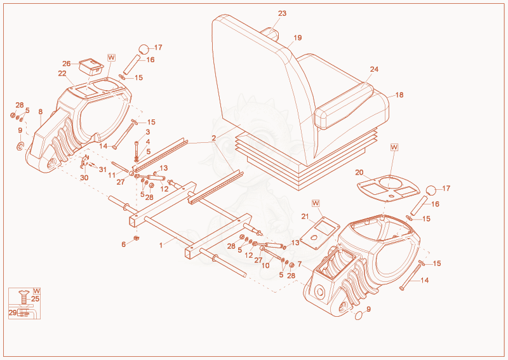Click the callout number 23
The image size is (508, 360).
click(282, 13)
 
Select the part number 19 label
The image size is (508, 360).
click(297, 38)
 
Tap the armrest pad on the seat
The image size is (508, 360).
click(344, 105)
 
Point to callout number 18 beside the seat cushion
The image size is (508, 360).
click(399, 95)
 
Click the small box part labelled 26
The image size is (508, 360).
click(91, 67)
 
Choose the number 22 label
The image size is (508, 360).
click(62, 74)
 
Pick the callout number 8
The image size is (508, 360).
click(41, 112)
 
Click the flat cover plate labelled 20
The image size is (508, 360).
click(388, 189)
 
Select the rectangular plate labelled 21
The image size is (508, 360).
click(320, 233)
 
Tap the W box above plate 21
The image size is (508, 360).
click(316, 203)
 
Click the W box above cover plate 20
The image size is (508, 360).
click(394, 147)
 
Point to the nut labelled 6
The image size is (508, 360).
click(137, 239)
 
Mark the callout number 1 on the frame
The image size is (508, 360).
click(161, 245)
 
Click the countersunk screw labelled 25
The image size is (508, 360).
click(25, 296)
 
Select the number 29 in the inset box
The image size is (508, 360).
click(13, 312)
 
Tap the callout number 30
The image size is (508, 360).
click(84, 178)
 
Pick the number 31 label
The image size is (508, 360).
click(103, 170)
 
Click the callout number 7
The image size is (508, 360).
click(299, 264)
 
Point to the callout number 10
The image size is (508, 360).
click(265, 265)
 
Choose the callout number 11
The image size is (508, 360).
click(112, 175)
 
